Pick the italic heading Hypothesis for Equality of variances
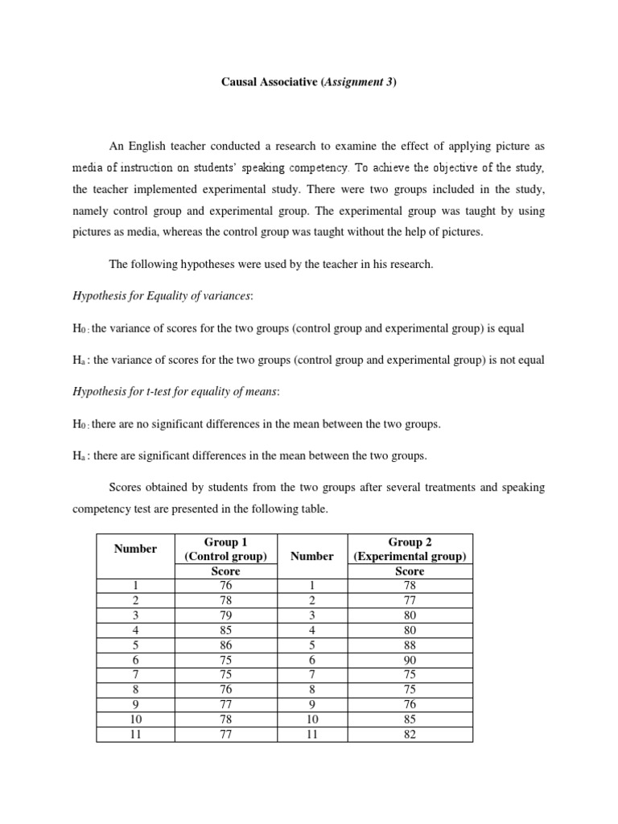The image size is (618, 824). point(162,296)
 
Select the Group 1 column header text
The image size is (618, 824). point(226,542)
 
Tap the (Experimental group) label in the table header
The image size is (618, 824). point(410,557)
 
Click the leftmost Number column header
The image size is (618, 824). point(135,549)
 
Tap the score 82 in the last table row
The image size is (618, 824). point(410,733)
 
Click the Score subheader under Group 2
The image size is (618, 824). point(410,571)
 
